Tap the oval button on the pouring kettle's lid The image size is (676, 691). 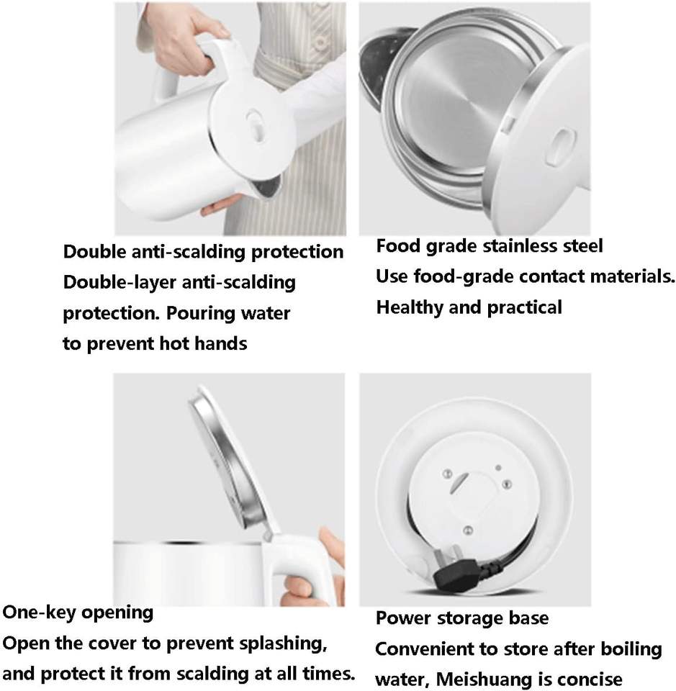click(x=256, y=126)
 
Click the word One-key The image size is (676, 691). click(x=39, y=613)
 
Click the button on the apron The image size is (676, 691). click(x=321, y=42)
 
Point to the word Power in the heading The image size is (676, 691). click(x=403, y=618)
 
